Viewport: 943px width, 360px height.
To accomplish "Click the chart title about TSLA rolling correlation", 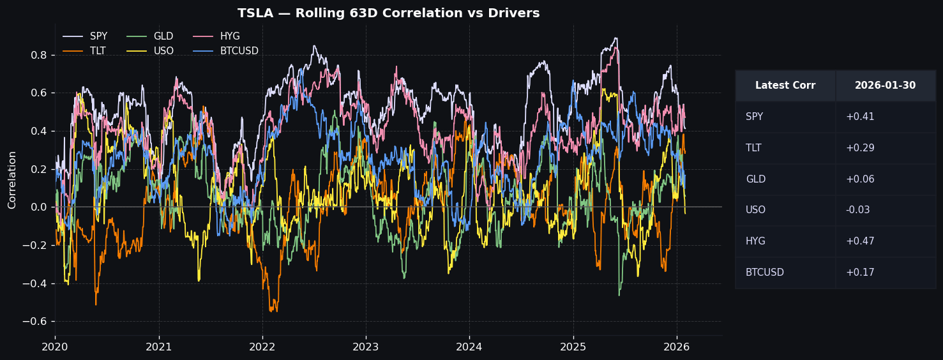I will pyautogui.click(x=388, y=13).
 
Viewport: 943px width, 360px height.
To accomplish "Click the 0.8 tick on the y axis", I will pyautogui.click(x=38, y=55).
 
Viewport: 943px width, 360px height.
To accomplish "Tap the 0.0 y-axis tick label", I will pyautogui.click(x=38, y=207).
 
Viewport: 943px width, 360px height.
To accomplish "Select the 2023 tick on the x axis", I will pyautogui.click(x=366, y=347).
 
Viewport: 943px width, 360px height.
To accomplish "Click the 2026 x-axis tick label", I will pyautogui.click(x=677, y=347).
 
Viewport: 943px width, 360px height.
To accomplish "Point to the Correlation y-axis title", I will pyautogui.click(x=12, y=180).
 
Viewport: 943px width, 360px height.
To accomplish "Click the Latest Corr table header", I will pyautogui.click(x=785, y=86).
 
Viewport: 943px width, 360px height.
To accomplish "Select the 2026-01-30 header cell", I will pyautogui.click(x=885, y=86).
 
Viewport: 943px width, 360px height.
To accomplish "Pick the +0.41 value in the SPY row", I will pyautogui.click(x=860, y=117).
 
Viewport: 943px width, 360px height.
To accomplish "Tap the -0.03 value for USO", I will pyautogui.click(x=858, y=210).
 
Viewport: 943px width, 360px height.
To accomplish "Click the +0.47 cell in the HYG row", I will pyautogui.click(x=860, y=241).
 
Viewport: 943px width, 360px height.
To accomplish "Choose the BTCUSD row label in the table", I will pyautogui.click(x=764, y=273).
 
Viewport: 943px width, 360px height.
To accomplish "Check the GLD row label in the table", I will pyautogui.click(x=755, y=179).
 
